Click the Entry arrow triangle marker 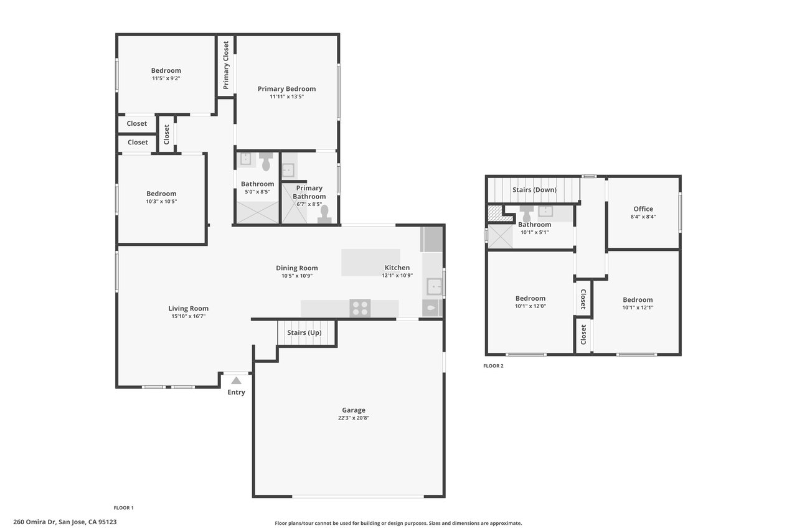pos(236,381)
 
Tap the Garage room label pos(354,410)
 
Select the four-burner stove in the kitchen pos(360,308)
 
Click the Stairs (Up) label pos(304,332)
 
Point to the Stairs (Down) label pos(534,190)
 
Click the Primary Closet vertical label pos(225,65)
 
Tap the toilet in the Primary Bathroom pos(324,215)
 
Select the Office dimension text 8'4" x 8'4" pos(643,217)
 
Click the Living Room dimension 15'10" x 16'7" pos(188,316)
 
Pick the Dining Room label pos(297,268)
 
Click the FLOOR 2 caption pos(493,365)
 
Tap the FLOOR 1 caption pos(123,507)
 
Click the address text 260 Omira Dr pos(34,522)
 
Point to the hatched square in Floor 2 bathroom pos(495,213)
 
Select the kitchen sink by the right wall pos(434,286)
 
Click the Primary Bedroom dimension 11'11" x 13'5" pos(287,96)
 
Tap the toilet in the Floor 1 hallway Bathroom pos(266,161)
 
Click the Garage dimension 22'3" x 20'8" pos(354,418)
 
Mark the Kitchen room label pos(397,268)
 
